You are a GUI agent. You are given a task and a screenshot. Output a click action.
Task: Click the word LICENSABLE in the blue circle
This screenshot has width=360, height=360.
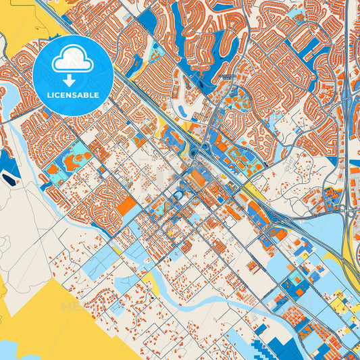click(x=73, y=95)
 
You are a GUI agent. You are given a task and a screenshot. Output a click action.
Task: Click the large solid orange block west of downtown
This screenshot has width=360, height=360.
click(x=126, y=205)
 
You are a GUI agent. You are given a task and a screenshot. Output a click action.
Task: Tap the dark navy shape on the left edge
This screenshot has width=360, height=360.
click(x=9, y=178)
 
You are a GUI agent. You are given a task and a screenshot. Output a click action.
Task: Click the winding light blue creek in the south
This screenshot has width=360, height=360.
click(x=203, y=308)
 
